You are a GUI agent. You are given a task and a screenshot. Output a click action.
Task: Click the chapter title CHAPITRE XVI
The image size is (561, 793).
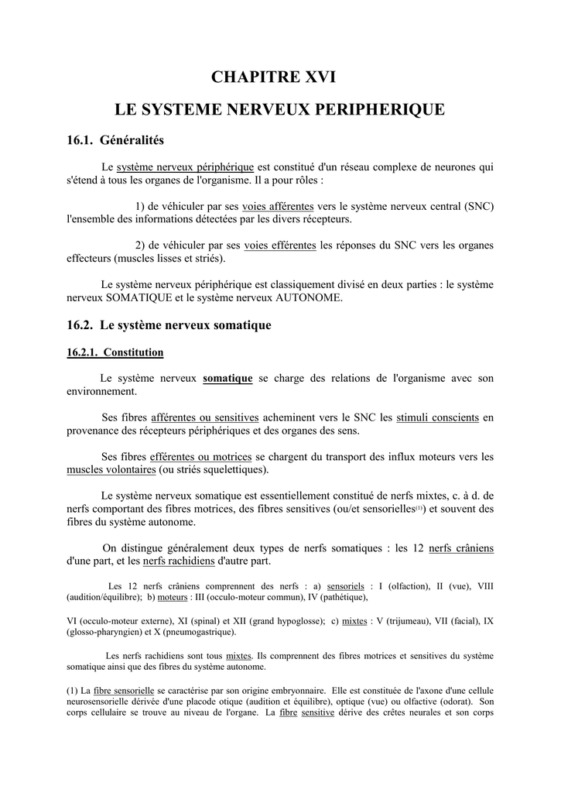(x=280, y=77)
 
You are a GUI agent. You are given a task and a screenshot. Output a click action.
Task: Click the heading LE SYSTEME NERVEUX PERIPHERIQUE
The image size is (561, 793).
(x=280, y=109)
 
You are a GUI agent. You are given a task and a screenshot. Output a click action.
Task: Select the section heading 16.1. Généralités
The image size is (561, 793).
(x=115, y=140)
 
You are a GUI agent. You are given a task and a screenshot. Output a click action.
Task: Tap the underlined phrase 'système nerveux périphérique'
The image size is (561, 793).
(x=185, y=166)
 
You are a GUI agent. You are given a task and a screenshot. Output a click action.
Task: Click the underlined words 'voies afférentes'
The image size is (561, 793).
(x=278, y=206)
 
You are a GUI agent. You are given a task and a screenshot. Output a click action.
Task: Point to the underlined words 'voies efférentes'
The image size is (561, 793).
(x=280, y=245)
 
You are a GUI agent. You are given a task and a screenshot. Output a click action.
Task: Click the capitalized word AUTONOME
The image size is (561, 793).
(x=305, y=297)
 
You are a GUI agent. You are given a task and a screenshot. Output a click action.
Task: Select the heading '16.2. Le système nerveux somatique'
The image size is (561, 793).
(x=169, y=325)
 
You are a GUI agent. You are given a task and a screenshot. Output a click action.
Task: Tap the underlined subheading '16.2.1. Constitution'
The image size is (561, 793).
(x=115, y=352)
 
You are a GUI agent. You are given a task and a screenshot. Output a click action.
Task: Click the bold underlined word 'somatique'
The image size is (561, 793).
(x=227, y=378)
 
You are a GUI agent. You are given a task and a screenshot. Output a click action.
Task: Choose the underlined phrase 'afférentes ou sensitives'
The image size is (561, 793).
(x=205, y=417)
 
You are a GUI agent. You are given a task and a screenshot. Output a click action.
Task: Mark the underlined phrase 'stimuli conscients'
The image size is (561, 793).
(x=437, y=417)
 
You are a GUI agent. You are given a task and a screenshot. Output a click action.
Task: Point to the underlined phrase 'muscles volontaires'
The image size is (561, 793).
(x=111, y=469)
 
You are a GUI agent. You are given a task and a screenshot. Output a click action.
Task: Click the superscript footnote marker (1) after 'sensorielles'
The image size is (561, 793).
(x=419, y=508)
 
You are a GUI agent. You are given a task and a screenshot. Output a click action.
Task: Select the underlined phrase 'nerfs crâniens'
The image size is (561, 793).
(x=460, y=548)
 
